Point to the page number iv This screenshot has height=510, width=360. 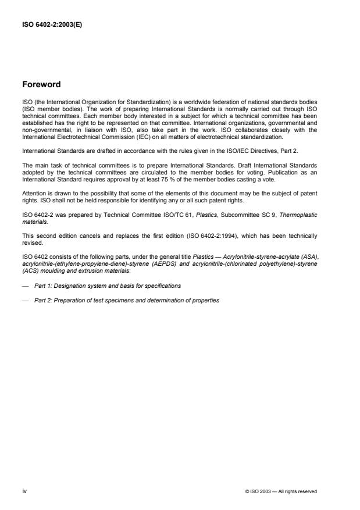click(x=24, y=491)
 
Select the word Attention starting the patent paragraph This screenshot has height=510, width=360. click(x=33, y=192)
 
